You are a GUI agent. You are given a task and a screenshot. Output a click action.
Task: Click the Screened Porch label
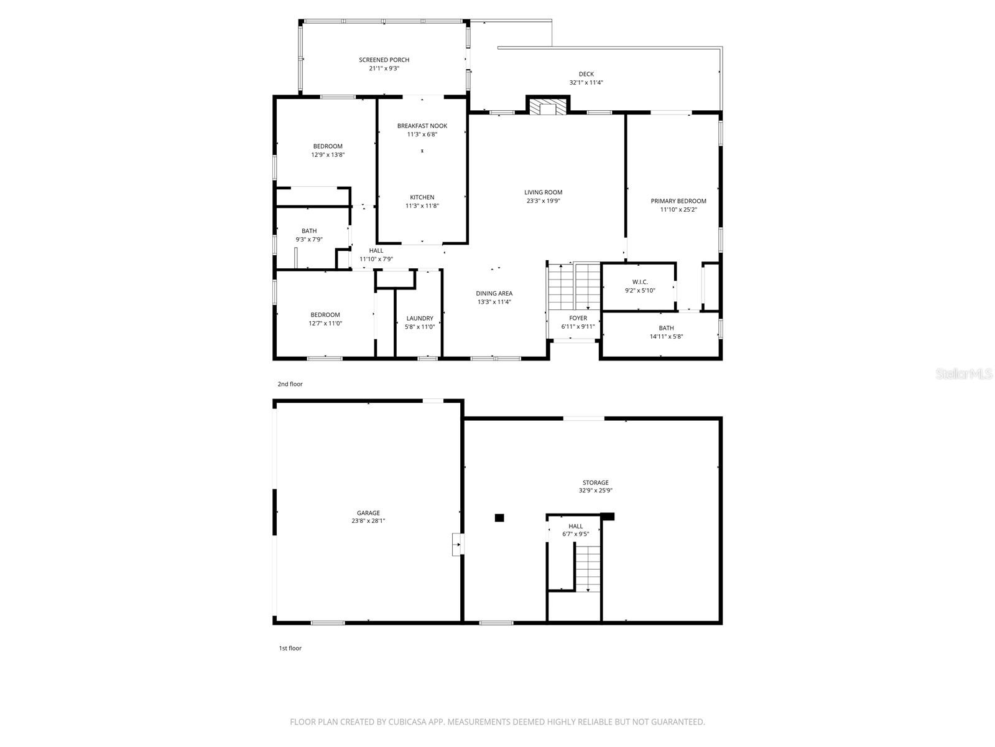[384, 60]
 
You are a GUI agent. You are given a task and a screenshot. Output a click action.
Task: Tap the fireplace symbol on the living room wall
[548, 107]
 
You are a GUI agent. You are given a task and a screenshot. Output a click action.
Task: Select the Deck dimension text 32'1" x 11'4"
[586, 82]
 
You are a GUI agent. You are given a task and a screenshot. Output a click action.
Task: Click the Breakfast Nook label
[422, 126]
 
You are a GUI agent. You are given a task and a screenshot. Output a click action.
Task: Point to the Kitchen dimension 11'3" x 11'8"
[422, 206]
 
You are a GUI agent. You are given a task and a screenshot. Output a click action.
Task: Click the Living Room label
[543, 192]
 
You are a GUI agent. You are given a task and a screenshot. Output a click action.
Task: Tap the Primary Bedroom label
[678, 201]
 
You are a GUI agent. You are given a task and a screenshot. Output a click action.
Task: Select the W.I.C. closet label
[640, 282]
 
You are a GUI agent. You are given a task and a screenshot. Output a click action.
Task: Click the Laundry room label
[420, 318]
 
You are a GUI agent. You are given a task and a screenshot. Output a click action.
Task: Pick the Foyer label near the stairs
[578, 318]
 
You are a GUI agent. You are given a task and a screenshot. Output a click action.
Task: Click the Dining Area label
[494, 293]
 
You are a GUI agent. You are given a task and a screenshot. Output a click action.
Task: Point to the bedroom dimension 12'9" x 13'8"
[328, 155]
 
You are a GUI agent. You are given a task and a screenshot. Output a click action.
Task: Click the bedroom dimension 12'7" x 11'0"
[325, 323]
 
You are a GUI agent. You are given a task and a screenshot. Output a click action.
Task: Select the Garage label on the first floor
[368, 513]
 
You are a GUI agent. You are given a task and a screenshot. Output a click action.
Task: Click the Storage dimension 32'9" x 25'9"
[595, 491]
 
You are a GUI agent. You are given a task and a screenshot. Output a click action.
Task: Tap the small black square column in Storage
[499, 517]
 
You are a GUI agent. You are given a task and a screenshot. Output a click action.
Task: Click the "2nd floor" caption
[290, 384]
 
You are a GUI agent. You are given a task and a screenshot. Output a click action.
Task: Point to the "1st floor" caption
[290, 648]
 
